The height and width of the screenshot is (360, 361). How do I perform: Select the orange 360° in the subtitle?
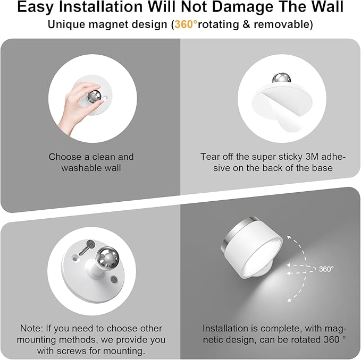(185, 24)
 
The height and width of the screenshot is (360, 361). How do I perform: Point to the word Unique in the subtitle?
(64, 24)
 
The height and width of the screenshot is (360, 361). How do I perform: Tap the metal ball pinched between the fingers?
(94, 97)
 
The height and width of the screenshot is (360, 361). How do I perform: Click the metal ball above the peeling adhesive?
(281, 78)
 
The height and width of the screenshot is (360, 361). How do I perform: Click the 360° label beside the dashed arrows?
(326, 269)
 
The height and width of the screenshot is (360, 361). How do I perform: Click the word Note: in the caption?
(31, 329)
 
